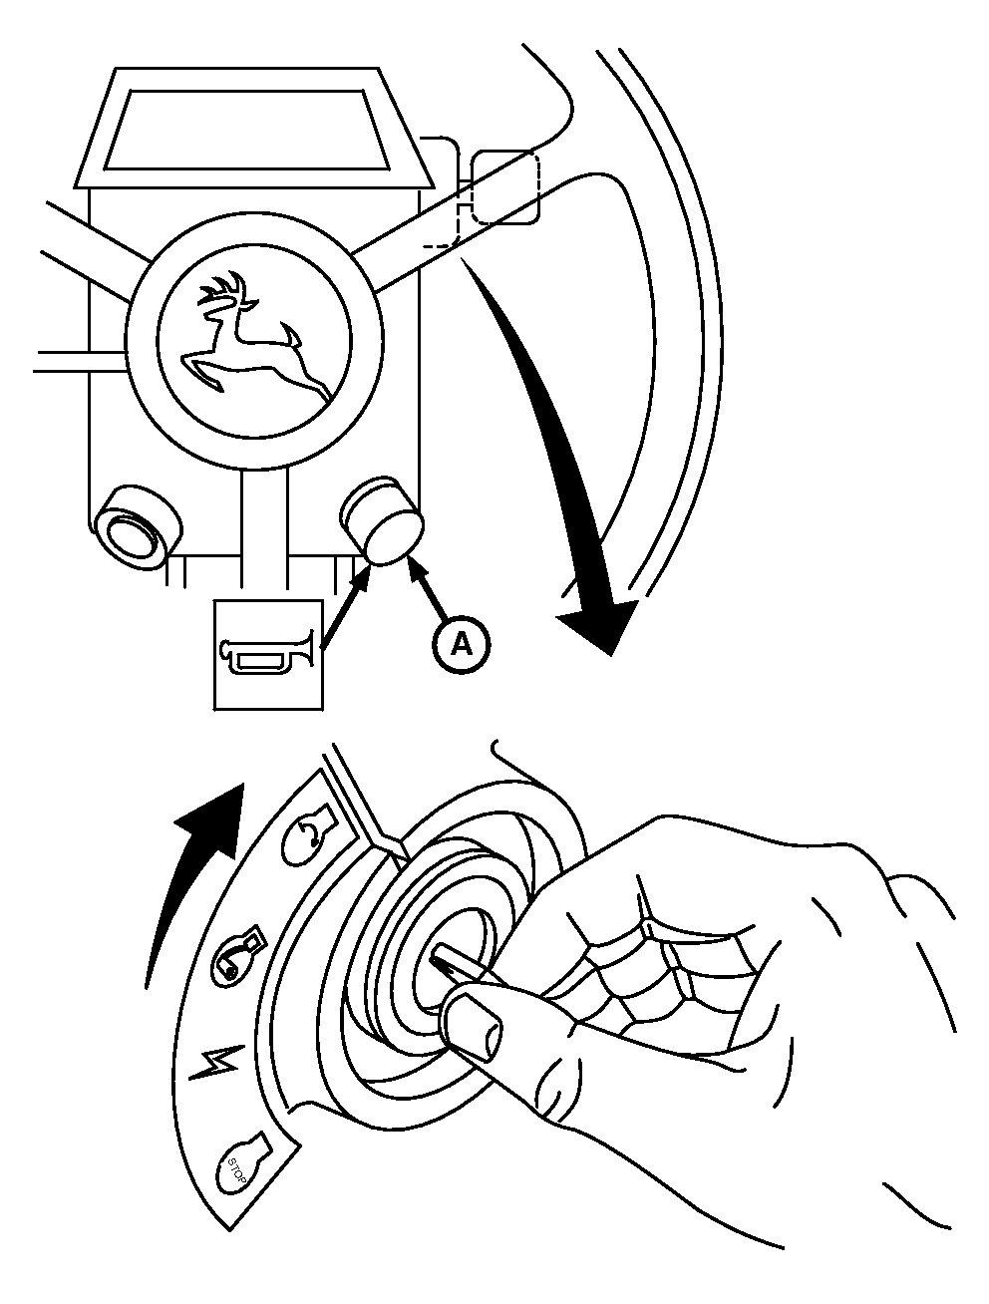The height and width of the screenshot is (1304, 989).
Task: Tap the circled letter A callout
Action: click(x=461, y=644)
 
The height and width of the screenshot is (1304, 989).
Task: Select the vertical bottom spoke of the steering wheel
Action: click(x=263, y=528)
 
